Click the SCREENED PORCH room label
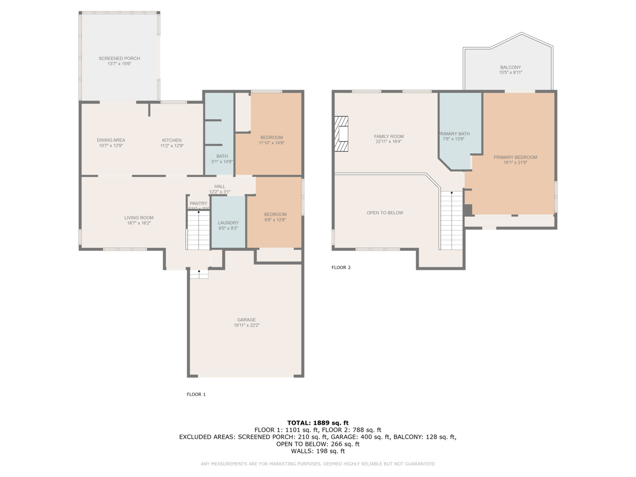pos(119,58)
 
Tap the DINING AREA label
pos(111,140)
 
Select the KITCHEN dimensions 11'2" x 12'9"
pos(172,146)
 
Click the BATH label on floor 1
pos(222,156)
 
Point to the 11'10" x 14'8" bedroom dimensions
pos(272,143)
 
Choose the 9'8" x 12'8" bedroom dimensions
pos(275,220)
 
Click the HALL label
pos(220,186)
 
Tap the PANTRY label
pos(198,204)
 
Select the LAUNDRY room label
pos(228,223)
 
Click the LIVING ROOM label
pos(139,218)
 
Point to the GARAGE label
pos(246,320)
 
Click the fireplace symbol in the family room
pos(341,134)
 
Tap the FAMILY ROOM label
pos(389,136)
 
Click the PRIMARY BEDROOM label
pos(515,157)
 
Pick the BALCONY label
pos(511,67)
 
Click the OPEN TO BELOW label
pos(385,213)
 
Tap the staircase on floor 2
pos(451,221)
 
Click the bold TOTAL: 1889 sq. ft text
pos(318,423)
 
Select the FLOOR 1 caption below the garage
pos(196,394)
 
